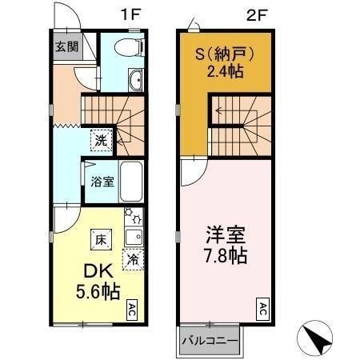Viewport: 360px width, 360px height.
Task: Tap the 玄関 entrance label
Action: (x=65, y=46)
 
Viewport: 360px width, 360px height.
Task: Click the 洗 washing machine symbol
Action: (x=101, y=139)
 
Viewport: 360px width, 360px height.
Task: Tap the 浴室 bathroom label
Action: (x=101, y=181)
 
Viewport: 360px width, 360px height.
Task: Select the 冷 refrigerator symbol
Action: (x=133, y=258)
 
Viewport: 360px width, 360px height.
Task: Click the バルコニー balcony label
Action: (x=208, y=340)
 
